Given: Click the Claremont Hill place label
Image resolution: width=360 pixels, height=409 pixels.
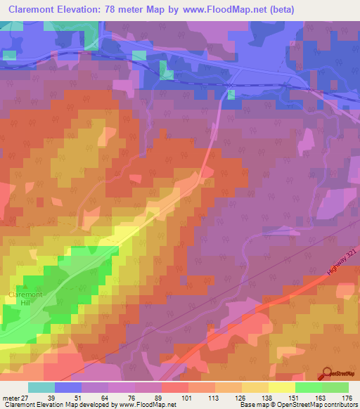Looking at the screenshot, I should coord(26,298).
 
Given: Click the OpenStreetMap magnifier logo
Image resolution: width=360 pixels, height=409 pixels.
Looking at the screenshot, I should coord(327,375).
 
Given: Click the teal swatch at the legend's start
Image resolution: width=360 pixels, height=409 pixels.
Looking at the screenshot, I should coord(41,387).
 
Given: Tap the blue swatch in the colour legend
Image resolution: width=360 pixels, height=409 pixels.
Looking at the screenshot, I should coord(68,387).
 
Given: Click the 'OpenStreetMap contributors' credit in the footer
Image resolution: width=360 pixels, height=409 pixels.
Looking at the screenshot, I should coord(321,405).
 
